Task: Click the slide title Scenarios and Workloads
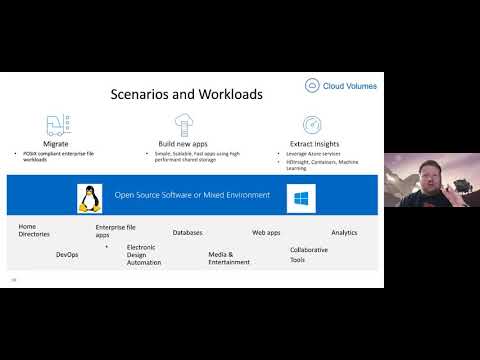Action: point(186,95)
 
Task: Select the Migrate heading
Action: point(56,145)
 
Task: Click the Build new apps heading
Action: point(183,146)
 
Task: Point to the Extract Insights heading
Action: point(311,146)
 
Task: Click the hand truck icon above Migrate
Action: point(56,125)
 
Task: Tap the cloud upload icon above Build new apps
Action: point(183,124)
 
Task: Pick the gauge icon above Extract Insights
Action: point(311,125)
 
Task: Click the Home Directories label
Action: point(34,231)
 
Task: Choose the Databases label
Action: point(187,232)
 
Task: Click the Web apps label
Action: point(266,232)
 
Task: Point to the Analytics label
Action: point(344,232)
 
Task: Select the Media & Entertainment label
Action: point(229,258)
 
